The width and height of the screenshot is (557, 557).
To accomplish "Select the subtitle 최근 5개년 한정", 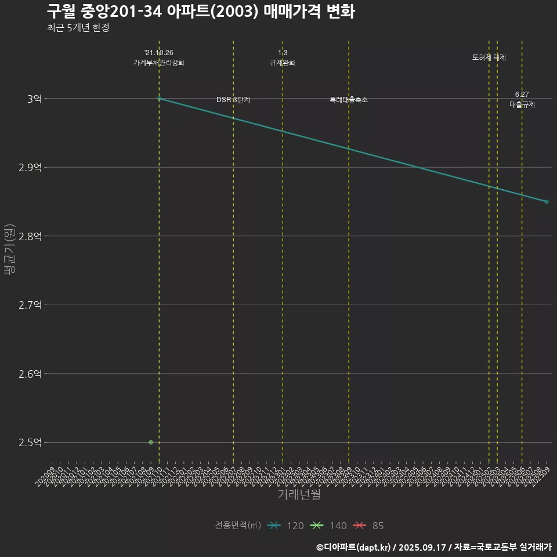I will point(78,28).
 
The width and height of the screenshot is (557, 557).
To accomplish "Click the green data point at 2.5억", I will point(151,442).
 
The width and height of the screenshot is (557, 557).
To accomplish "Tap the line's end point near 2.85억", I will point(547,201).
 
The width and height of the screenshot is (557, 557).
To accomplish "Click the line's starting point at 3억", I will point(159,99).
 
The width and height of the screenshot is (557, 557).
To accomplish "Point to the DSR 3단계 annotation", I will point(233,100).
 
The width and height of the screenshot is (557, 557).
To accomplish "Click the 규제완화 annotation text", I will point(283,63).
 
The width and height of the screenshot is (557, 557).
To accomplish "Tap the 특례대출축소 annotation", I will point(349,100).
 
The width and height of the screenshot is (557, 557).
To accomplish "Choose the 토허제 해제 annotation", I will point(489,57).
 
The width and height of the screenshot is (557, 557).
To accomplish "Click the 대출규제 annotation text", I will point(522,104).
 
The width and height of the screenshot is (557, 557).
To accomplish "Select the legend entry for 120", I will point(286,526).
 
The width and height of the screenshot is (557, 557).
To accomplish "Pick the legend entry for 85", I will point(369,526).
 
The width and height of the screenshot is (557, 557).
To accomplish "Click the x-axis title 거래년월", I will point(299,494).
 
